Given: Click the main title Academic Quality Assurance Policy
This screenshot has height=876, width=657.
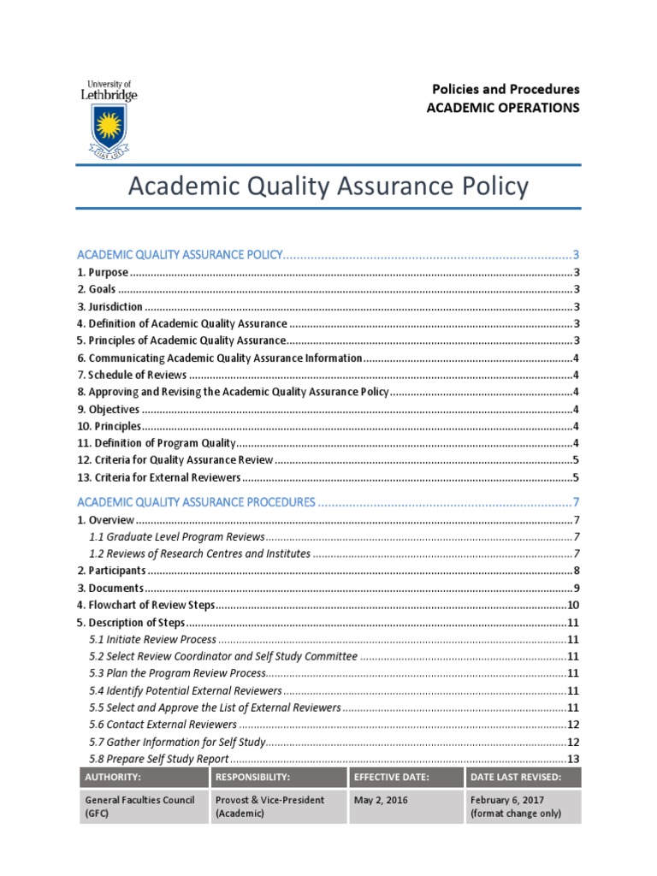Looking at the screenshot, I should click(x=328, y=186).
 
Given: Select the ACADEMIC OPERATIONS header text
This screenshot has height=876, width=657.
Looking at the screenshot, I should click(x=503, y=108).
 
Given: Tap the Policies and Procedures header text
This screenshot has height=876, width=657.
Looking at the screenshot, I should click(x=505, y=89).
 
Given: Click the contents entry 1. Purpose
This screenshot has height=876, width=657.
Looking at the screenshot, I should click(x=103, y=272).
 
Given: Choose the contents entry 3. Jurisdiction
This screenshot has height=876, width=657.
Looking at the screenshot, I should click(x=109, y=306).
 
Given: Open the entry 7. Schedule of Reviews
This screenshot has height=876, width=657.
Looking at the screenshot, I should click(x=132, y=375).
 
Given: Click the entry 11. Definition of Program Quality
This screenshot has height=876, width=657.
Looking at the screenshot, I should click(x=156, y=442).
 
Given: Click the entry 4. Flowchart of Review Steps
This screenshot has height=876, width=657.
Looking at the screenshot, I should click(x=145, y=605).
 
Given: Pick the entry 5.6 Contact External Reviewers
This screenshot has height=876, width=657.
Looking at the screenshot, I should click(x=163, y=725).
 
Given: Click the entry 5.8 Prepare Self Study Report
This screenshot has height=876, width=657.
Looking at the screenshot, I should click(x=158, y=759).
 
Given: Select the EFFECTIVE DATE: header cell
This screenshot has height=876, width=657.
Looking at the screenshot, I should click(x=386, y=777).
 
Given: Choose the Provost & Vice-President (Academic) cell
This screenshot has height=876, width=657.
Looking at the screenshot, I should click(x=269, y=806).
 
